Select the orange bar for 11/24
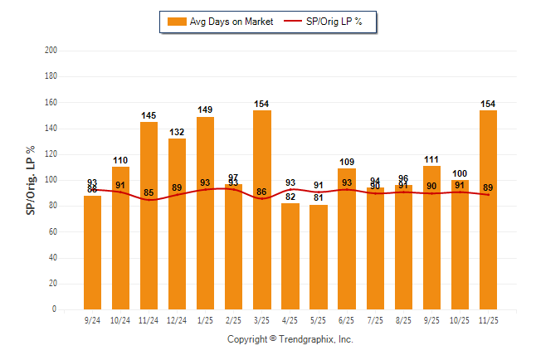[x=149, y=216]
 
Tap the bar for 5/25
[x=318, y=257]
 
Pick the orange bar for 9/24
[x=92, y=252]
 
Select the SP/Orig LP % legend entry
[x=324, y=22]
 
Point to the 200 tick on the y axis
[x=51, y=51]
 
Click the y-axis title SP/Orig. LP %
[x=31, y=180]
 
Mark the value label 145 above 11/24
[x=149, y=114]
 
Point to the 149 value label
[x=205, y=109]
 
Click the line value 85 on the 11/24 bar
[x=149, y=193]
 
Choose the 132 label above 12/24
[x=177, y=132]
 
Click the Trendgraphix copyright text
[x=290, y=339]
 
